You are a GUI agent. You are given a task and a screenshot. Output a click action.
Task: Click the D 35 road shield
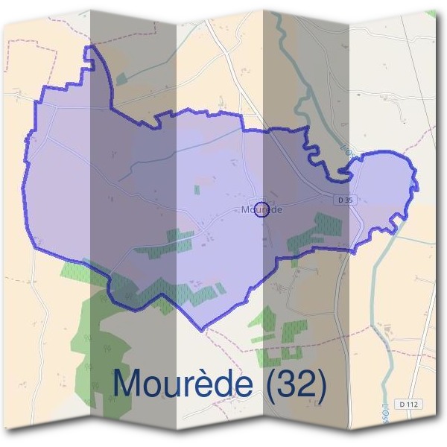click(343, 200)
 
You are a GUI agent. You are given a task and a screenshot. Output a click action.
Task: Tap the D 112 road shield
click(409, 404)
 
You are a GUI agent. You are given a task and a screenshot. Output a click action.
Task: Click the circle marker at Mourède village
click(261, 209)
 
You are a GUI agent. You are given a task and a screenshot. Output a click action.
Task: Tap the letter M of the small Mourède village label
click(246, 210)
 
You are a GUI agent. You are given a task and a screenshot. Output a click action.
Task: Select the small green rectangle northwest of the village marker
click(197, 190)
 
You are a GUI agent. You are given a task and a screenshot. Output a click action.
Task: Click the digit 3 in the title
click(289, 384)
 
